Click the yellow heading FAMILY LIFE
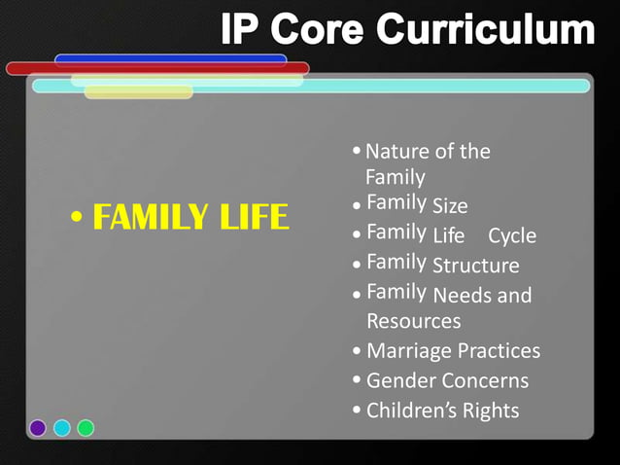tap(190, 217)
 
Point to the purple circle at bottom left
tap(38, 427)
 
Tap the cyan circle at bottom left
tap(62, 427)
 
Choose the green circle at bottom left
tap(86, 427)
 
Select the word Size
tap(450, 206)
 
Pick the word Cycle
tap(512, 236)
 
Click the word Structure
tap(475, 266)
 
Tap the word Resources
tap(413, 321)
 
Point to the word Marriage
tap(407, 351)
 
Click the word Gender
tap(400, 380)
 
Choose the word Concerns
tap(485, 380)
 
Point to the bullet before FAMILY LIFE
tap(77, 218)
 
